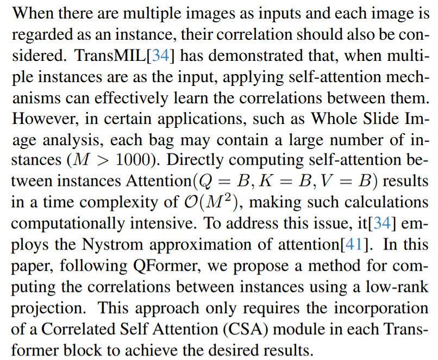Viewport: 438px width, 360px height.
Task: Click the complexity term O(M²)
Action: [207, 203]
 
